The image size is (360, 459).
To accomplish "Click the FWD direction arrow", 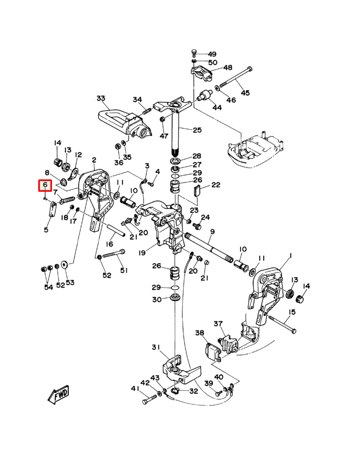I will point(58,394).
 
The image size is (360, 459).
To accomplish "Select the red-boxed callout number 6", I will point(45,185).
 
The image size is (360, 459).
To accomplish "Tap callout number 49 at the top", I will point(212,54).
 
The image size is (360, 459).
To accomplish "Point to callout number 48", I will point(227,67).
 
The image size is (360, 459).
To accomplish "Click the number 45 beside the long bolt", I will point(245,92).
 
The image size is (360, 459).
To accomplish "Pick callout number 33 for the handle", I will point(100,98).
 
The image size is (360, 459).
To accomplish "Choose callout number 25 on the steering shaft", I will point(197,130).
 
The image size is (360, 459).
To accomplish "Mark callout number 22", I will point(215,185).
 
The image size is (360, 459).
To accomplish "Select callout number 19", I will point(141,252).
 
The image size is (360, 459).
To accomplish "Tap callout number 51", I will point(123,270).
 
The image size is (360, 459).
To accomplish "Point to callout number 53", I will point(70,282).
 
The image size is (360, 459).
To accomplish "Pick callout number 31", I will point(156,347).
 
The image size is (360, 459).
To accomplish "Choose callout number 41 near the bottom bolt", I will point(135,389).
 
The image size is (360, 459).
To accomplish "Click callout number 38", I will point(199,333).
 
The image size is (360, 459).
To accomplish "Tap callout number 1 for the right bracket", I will point(290,255).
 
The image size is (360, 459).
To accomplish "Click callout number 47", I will point(164,136).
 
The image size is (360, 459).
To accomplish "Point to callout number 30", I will point(156,299).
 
